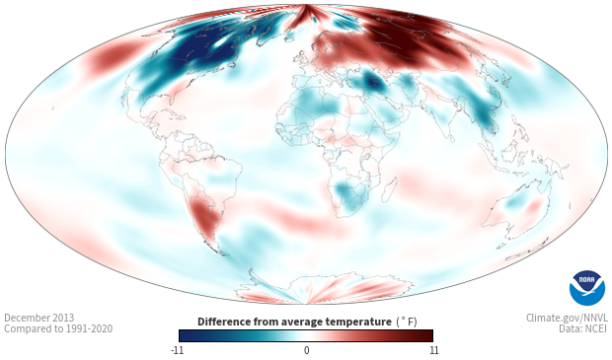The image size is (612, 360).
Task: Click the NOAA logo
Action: [x=587, y=288]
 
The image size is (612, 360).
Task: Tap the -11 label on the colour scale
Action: [x=178, y=350]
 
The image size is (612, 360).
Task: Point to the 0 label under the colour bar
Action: [x=306, y=350]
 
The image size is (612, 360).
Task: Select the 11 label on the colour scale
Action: [x=433, y=350]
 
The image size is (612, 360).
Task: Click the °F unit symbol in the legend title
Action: [x=407, y=322]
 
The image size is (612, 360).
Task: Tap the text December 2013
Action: [x=39, y=318]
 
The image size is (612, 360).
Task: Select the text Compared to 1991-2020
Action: [x=58, y=328]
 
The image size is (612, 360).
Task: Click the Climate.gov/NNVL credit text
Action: [x=567, y=318]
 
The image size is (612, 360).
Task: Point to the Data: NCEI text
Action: [x=583, y=328]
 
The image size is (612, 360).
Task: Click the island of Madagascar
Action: [x=389, y=189]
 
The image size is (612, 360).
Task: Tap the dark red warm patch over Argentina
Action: [x=203, y=216]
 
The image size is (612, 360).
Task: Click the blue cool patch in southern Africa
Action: [x=348, y=194]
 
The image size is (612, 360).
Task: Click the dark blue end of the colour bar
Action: [x=186, y=335]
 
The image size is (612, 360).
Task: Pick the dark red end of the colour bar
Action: [x=426, y=335]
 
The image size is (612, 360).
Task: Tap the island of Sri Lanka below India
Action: [x=452, y=138]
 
